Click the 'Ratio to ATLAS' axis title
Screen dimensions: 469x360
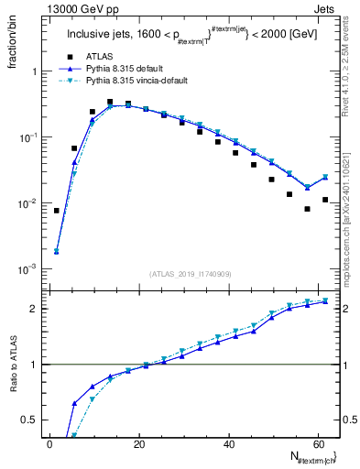(15, 390)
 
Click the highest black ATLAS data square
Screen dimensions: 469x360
(110, 102)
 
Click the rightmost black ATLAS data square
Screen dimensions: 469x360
(325, 200)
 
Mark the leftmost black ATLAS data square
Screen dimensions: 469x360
(57, 211)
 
